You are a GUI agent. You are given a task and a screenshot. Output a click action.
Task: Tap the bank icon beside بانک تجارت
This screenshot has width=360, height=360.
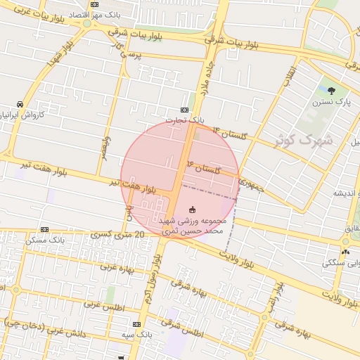[x=184, y=110]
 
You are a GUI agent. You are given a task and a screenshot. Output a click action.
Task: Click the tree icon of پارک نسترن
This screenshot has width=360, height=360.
[x=331, y=90]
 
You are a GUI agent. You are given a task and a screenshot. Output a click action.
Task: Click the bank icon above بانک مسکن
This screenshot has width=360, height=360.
[x=45, y=229]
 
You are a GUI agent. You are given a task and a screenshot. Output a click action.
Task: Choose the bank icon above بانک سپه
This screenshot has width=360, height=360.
[x=136, y=324]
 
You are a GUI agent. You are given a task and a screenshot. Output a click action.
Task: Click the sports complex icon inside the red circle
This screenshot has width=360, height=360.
[x=193, y=209]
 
